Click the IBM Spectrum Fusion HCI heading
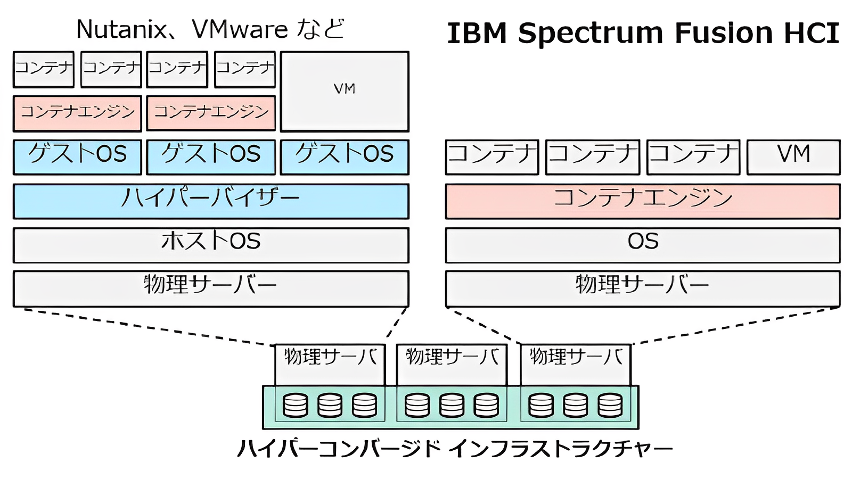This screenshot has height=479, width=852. click(643, 33)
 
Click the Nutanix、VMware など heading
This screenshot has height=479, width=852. click(210, 29)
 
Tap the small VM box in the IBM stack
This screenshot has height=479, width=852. click(793, 156)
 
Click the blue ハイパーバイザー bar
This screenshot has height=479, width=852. click(211, 201)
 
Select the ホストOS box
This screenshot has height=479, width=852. click(211, 244)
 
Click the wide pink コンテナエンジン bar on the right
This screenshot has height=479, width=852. click(643, 201)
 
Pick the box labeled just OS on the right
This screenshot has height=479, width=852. click(643, 244)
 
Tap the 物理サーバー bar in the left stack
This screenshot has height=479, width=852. click(211, 288)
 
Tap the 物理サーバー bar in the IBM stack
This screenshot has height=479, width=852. click(643, 288)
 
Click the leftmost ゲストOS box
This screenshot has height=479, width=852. click(77, 156)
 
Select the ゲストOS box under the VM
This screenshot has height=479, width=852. click(345, 156)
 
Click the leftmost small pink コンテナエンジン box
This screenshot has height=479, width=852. click(77, 113)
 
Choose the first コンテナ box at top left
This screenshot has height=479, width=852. click(44, 69)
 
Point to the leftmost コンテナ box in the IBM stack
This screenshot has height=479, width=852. click(492, 156)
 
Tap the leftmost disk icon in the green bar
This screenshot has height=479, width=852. click(296, 405)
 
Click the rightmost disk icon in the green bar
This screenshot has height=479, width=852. click(610, 405)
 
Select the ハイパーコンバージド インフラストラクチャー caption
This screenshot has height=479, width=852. click(454, 449)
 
